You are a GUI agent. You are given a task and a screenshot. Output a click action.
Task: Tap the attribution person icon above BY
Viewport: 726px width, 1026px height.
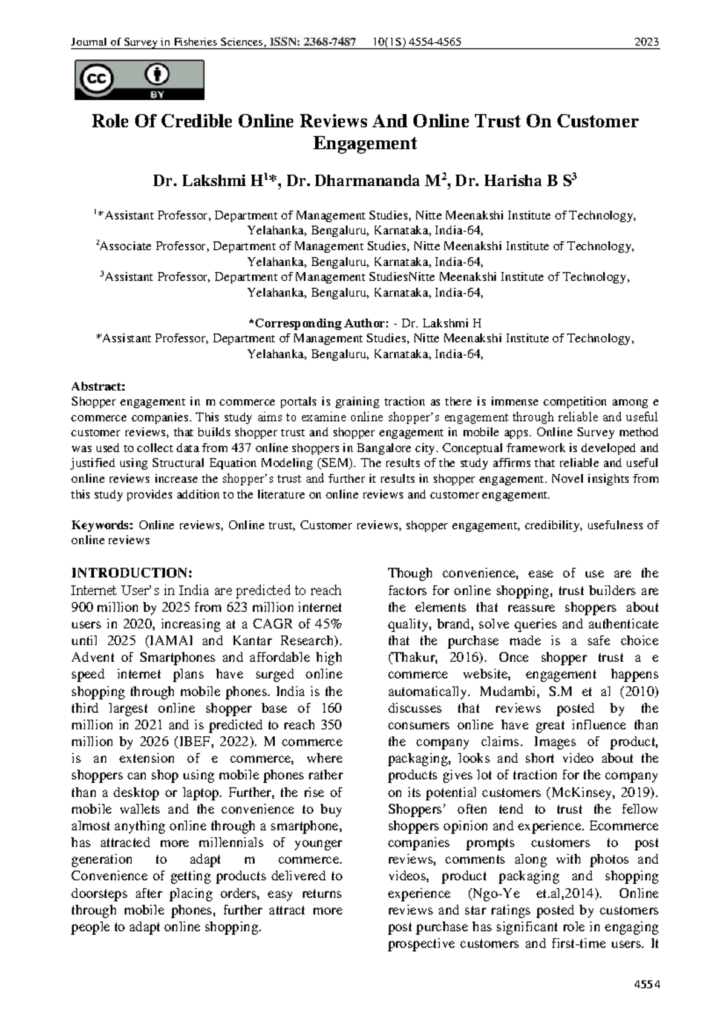coord(157,75)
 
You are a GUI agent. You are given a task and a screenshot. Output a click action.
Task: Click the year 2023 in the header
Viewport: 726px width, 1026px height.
coord(646,42)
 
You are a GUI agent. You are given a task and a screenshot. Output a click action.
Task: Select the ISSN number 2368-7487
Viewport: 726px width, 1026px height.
coord(330,42)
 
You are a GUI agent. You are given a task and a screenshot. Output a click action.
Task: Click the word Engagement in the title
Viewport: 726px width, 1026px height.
coord(365,144)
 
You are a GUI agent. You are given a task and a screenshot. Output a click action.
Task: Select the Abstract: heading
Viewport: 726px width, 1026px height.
coord(98,386)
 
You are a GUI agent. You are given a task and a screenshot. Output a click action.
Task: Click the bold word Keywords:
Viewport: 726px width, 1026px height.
coord(102,525)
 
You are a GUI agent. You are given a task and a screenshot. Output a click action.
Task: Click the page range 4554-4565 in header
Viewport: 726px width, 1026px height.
coord(436,42)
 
